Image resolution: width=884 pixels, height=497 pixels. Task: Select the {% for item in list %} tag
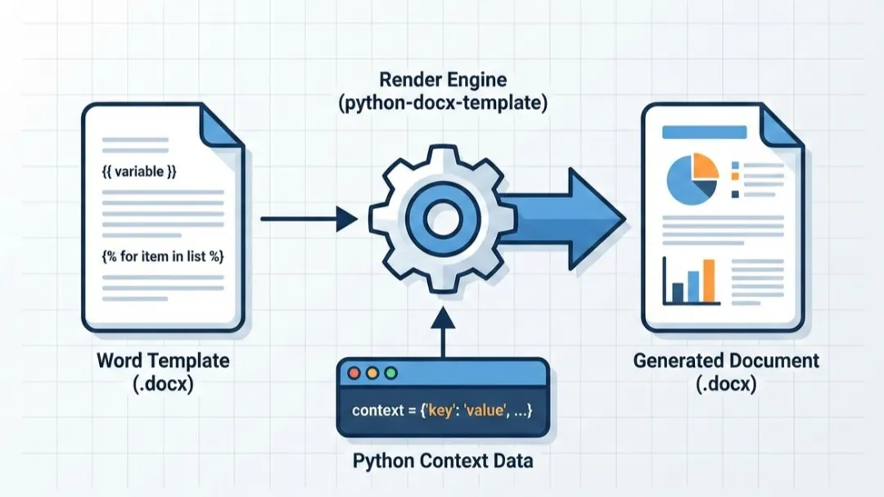(x=163, y=256)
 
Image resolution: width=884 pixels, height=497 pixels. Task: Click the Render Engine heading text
(x=443, y=80)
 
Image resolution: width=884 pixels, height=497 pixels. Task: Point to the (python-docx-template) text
(x=443, y=104)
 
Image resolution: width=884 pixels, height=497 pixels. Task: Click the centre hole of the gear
(x=442, y=219)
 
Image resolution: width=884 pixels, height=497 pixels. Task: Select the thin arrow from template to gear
(x=307, y=219)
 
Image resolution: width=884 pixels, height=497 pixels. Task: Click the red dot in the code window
(x=354, y=373)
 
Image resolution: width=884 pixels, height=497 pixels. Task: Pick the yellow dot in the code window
(x=372, y=373)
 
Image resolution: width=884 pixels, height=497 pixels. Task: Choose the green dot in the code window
(x=390, y=373)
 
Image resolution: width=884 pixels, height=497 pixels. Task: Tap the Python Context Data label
(x=443, y=460)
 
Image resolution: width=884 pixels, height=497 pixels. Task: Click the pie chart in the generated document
(x=692, y=177)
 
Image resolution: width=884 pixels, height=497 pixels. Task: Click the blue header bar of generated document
(x=704, y=132)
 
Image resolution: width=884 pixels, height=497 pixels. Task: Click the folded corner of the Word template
(x=221, y=126)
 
